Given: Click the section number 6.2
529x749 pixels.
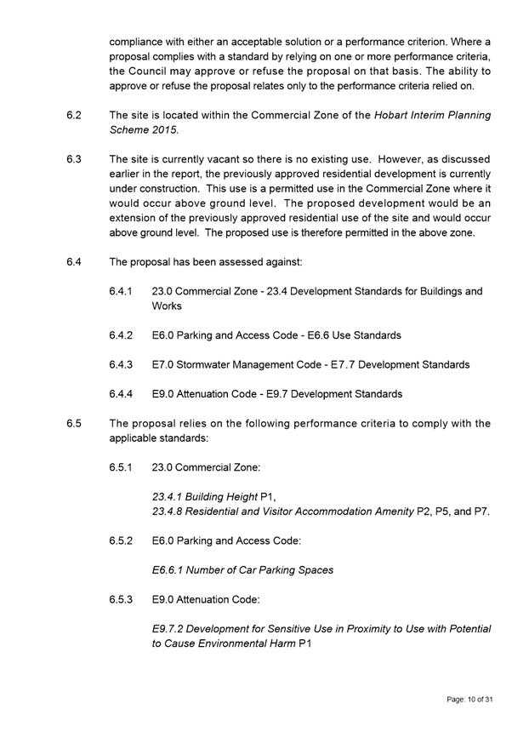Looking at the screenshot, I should (x=73, y=115).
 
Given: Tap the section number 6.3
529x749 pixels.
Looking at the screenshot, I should (x=73, y=159).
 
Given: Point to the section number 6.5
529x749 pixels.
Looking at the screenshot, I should (x=73, y=423).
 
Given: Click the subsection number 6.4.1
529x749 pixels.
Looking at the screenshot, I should (x=121, y=291).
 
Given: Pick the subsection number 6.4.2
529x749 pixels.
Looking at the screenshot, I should (x=121, y=335).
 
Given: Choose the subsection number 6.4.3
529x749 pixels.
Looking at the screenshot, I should (x=121, y=364).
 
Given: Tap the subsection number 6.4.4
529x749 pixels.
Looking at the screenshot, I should (x=121, y=394).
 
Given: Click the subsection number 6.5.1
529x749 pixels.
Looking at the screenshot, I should (x=121, y=467).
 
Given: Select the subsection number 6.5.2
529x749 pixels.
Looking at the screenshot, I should (x=121, y=540).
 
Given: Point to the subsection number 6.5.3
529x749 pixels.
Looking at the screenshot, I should (x=121, y=599).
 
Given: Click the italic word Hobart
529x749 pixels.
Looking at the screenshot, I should (x=394, y=115).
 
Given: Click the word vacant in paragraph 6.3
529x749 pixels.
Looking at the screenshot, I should (x=218, y=159).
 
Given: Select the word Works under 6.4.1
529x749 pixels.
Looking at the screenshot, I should (x=167, y=306).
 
